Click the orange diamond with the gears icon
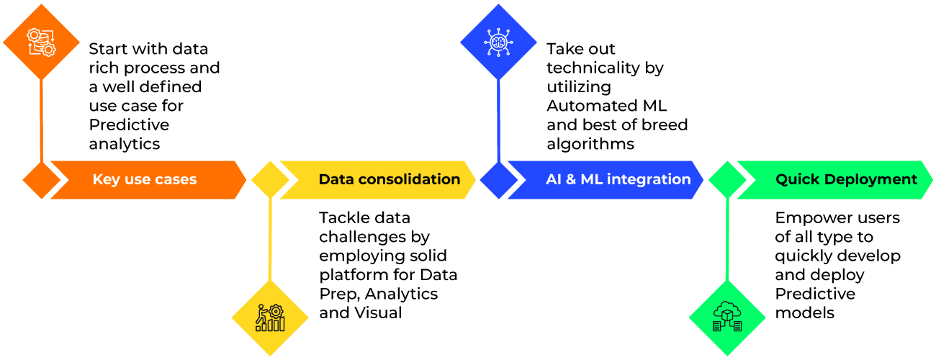[41, 41]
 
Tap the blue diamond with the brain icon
[498, 41]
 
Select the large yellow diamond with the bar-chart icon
[270, 318]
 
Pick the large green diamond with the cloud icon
[727, 318]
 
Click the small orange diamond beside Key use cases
[41, 180]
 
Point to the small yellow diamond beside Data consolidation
[270, 180]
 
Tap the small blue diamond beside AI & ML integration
[498, 180]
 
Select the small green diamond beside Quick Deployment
[727, 180]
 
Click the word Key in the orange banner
[106, 180]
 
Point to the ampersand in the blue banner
[570, 179]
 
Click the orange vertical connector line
[41, 119]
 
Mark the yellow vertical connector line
[270, 238]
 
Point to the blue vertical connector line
[498, 119]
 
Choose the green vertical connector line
[727, 238]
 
